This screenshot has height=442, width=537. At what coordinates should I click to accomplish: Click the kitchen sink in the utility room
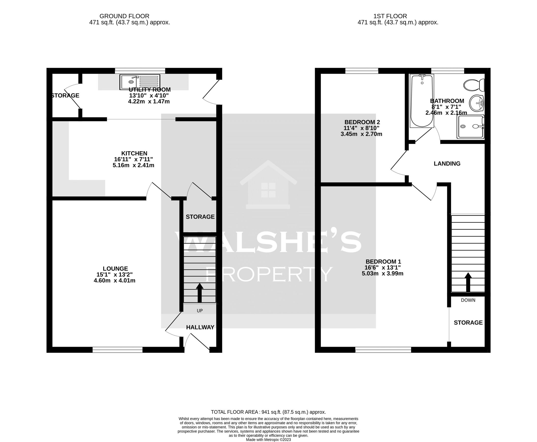coord(140,82)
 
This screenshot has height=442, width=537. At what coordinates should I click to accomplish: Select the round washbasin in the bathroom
coord(477,103)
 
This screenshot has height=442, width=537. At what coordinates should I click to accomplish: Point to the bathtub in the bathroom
coord(422,101)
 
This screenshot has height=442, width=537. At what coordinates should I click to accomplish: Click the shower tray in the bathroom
coord(470,126)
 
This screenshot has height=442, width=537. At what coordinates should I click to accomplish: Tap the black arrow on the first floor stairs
coord(468,282)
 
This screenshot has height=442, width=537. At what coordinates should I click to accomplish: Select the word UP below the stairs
coord(200,311)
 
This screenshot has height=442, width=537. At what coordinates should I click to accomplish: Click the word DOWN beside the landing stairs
coord(468,300)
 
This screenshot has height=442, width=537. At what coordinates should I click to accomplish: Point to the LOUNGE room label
coord(115,269)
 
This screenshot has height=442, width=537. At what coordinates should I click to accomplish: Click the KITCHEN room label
coord(134,153)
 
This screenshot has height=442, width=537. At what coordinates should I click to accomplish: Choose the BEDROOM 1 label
coord(383,262)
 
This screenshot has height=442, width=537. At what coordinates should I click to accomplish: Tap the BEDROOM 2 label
coord(362,122)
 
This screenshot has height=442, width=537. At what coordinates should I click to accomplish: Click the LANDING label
coord(447,164)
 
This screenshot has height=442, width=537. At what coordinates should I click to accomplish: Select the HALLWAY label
coord(200,327)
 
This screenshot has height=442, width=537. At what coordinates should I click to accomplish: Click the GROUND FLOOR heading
coord(124,16)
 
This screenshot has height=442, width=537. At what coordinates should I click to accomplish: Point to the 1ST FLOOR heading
coord(390,16)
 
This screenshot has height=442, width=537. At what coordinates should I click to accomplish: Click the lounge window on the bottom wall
coord(117,351)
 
